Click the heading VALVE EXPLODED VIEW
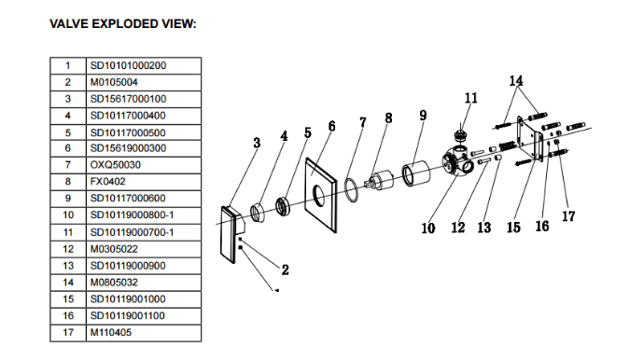pyautogui.click(x=123, y=24)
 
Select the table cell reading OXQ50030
pyautogui.click(x=116, y=165)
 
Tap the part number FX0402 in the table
pyautogui.click(x=107, y=182)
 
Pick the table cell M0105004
pyautogui.click(x=114, y=82)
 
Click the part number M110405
pyautogui.click(x=111, y=333)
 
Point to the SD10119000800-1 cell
pyautogui.click(x=132, y=215)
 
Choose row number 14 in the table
pyautogui.click(x=68, y=283)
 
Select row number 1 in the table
pyautogui.click(x=68, y=65)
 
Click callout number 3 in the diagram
pyautogui.click(x=257, y=143)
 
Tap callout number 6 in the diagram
pyautogui.click(x=332, y=126)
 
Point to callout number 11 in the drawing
pyautogui.click(x=471, y=98)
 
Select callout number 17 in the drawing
pyautogui.click(x=568, y=216)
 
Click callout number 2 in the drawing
pyautogui.click(x=285, y=270)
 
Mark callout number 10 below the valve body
pyautogui.click(x=428, y=228)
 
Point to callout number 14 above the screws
pyautogui.click(x=516, y=80)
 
